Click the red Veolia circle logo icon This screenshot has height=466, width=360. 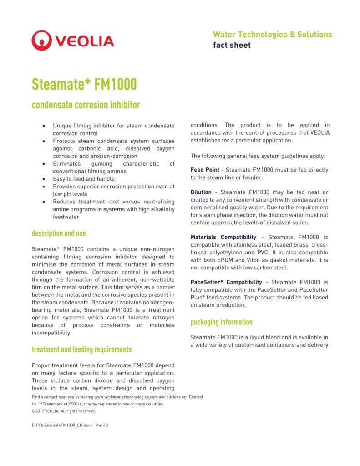coord(41,41)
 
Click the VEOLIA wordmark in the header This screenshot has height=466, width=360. coord(85,41)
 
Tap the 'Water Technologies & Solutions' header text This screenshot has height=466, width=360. coord(272,35)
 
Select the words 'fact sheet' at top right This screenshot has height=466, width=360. coord(232,45)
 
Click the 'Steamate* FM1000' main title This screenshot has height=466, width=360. coord(84,84)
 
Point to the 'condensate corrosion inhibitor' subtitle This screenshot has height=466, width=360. coord(86,105)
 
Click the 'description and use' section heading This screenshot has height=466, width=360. coord(59,233)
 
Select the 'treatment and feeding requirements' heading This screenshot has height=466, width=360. coord(81,349)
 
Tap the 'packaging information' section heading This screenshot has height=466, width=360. coord(221,322)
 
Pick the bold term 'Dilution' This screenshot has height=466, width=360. coord(201,192)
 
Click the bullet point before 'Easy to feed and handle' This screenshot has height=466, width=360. coord(44,179)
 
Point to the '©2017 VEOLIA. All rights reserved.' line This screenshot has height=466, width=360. coord(64,411)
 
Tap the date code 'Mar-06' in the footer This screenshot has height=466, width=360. coord(102,425)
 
